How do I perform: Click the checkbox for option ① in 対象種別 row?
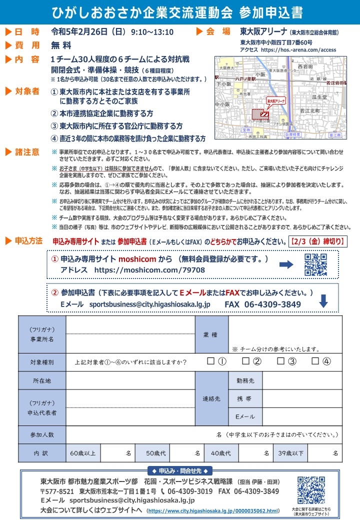[x=210, y=361]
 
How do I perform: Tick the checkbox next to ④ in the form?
[x=315, y=361]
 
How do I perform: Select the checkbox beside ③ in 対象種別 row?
[x=280, y=361]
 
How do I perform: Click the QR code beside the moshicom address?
[x=315, y=264]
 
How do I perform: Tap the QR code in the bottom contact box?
[x=311, y=489]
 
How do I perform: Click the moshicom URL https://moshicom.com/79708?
[x=149, y=270]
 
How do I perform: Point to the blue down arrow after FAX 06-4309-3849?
[x=323, y=301]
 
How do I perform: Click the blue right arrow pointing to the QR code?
[x=286, y=264]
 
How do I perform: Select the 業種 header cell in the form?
[x=211, y=334]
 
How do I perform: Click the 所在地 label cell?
[x=42, y=380]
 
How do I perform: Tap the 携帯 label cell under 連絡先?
[x=244, y=398]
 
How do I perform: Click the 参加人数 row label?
[x=42, y=434]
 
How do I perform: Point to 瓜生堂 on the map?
[x=319, y=96]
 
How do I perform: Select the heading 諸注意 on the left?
[x=27, y=152]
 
